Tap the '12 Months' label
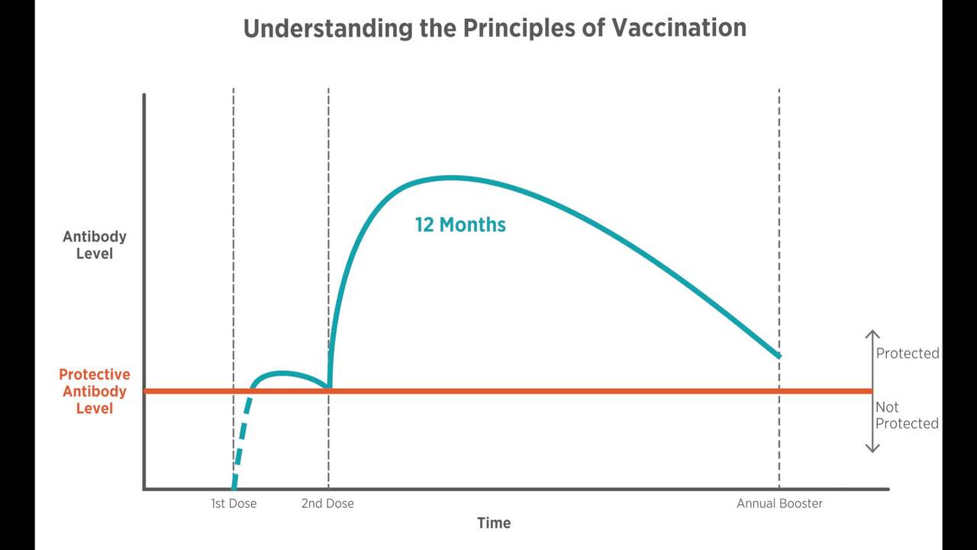460,225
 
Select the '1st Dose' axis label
234,503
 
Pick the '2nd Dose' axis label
327,503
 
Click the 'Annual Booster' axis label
779,503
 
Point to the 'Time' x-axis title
494,523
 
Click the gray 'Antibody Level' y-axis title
95,244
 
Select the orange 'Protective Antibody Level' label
95,391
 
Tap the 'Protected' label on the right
907,353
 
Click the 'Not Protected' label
907,415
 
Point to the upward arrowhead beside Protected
872,334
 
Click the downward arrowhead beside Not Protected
872,448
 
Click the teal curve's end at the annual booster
779,355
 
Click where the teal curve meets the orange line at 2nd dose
328,388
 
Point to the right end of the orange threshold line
870,391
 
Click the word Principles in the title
534,28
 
